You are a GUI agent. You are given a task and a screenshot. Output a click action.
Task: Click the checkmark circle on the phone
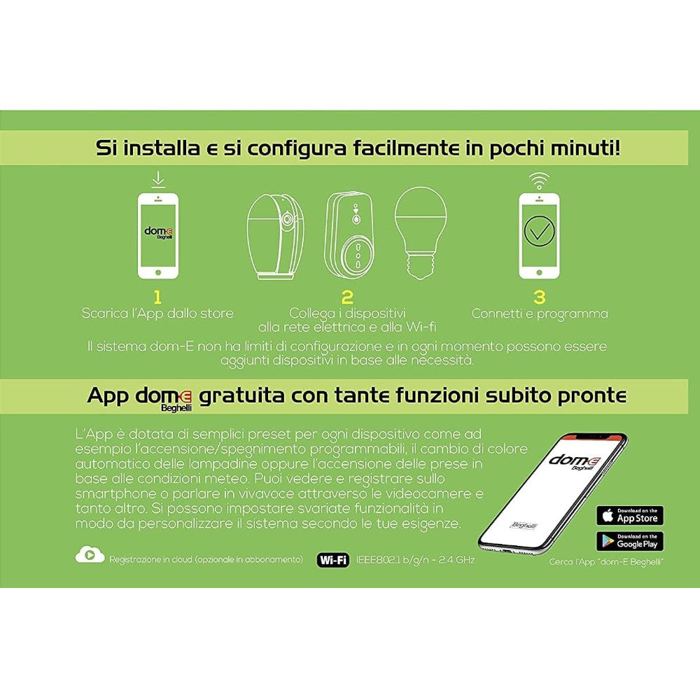point(539,234)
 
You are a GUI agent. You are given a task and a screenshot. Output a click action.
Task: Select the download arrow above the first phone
point(158,181)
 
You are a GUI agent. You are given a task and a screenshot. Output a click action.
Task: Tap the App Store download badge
point(630,516)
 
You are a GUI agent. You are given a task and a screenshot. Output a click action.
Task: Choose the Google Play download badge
point(630,541)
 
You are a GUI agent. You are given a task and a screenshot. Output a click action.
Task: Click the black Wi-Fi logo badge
point(334,560)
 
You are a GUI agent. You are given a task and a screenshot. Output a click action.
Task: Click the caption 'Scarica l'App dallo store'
point(157,314)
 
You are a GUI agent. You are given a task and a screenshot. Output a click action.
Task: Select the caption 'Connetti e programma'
point(539,314)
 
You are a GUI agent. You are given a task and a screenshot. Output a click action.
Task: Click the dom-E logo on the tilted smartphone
point(573,461)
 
